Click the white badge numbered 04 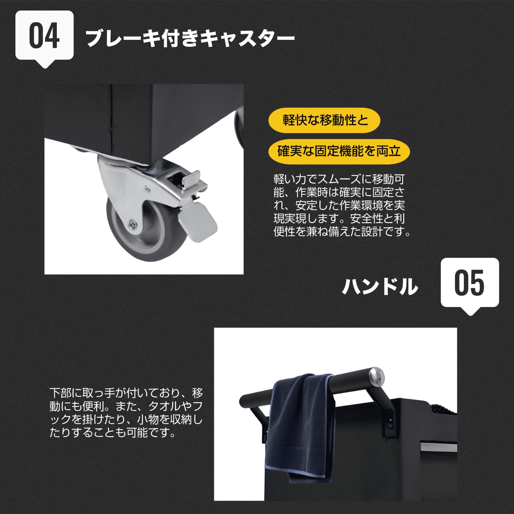[x=44, y=37]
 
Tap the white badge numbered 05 [x=470, y=284]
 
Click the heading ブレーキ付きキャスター [x=190, y=39]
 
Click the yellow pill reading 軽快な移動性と [x=324, y=120]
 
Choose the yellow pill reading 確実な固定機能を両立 [x=339, y=151]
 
